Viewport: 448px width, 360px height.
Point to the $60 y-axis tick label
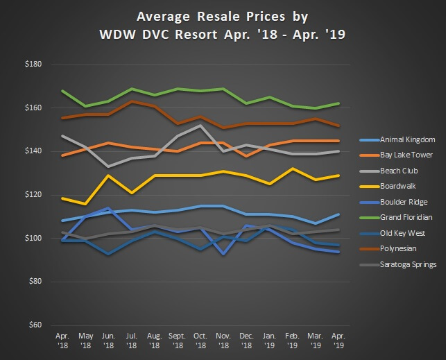point(35,325)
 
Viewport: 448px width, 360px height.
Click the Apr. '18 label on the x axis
point(62,338)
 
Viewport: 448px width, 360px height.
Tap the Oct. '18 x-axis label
point(201,338)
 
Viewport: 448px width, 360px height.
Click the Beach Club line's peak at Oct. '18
point(201,126)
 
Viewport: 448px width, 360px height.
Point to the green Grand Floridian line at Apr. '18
point(63,91)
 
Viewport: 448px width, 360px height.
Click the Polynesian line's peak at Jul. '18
point(132,101)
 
